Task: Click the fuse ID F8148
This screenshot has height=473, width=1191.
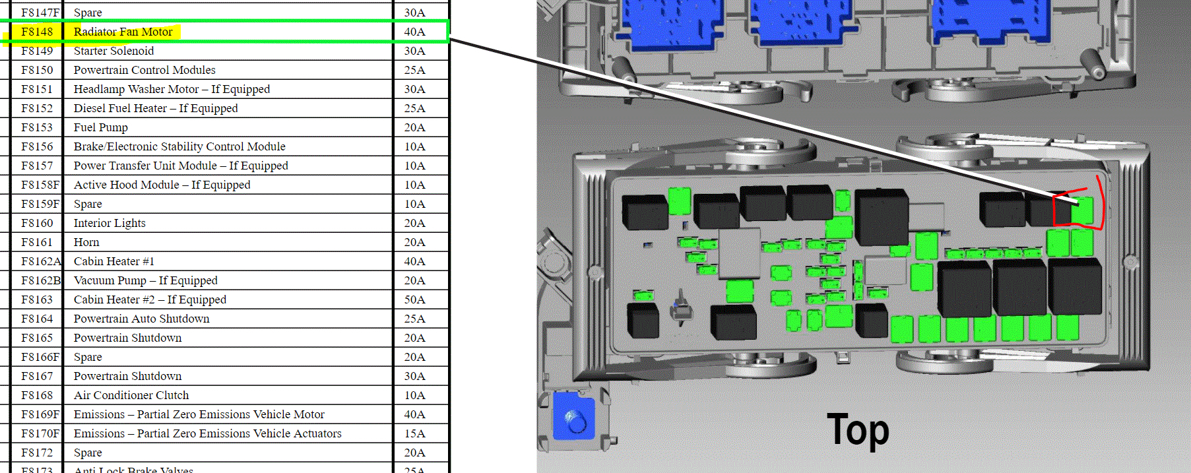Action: coord(37,32)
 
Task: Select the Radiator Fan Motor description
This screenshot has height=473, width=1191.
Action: coord(123,32)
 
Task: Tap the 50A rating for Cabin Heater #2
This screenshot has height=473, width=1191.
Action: coord(414,300)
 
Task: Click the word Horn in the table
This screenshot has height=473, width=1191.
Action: coord(86,242)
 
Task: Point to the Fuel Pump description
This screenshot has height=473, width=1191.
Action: coord(100,127)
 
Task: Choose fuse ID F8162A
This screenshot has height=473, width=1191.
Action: coord(41,261)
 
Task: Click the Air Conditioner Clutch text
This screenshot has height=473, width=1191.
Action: coord(131,395)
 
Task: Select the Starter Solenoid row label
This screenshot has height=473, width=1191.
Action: coord(113,51)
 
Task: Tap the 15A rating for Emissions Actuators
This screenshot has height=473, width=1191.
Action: coord(414,433)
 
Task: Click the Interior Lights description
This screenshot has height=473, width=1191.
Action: coord(110,223)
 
